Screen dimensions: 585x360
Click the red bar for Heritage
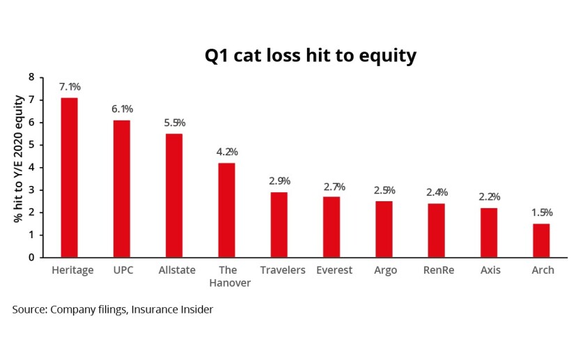tap(70, 178)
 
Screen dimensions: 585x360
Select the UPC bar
tap(122, 189)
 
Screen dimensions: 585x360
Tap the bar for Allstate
tap(174, 196)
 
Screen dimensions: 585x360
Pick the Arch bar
tap(541, 241)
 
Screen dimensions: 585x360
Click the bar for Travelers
tap(279, 225)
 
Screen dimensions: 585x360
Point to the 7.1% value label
tap(70, 87)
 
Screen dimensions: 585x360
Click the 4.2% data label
tap(227, 152)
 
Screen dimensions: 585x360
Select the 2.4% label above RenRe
tap(437, 192)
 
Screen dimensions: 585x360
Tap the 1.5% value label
tap(542, 212)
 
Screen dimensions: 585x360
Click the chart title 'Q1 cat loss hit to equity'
tap(311, 56)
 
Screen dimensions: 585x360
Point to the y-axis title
tap(18, 159)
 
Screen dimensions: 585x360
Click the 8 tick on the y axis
tap(31, 77)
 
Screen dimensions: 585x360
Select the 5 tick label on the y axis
tap(31, 145)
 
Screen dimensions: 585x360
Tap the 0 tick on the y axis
tap(31, 258)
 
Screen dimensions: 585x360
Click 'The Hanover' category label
tap(230, 276)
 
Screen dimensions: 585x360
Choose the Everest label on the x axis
tap(334, 270)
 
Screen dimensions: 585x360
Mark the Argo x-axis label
tap(385, 270)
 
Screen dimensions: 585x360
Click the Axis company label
tap(490, 270)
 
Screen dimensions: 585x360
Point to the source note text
tap(113, 310)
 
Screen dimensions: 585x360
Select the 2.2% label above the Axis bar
tap(490, 197)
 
